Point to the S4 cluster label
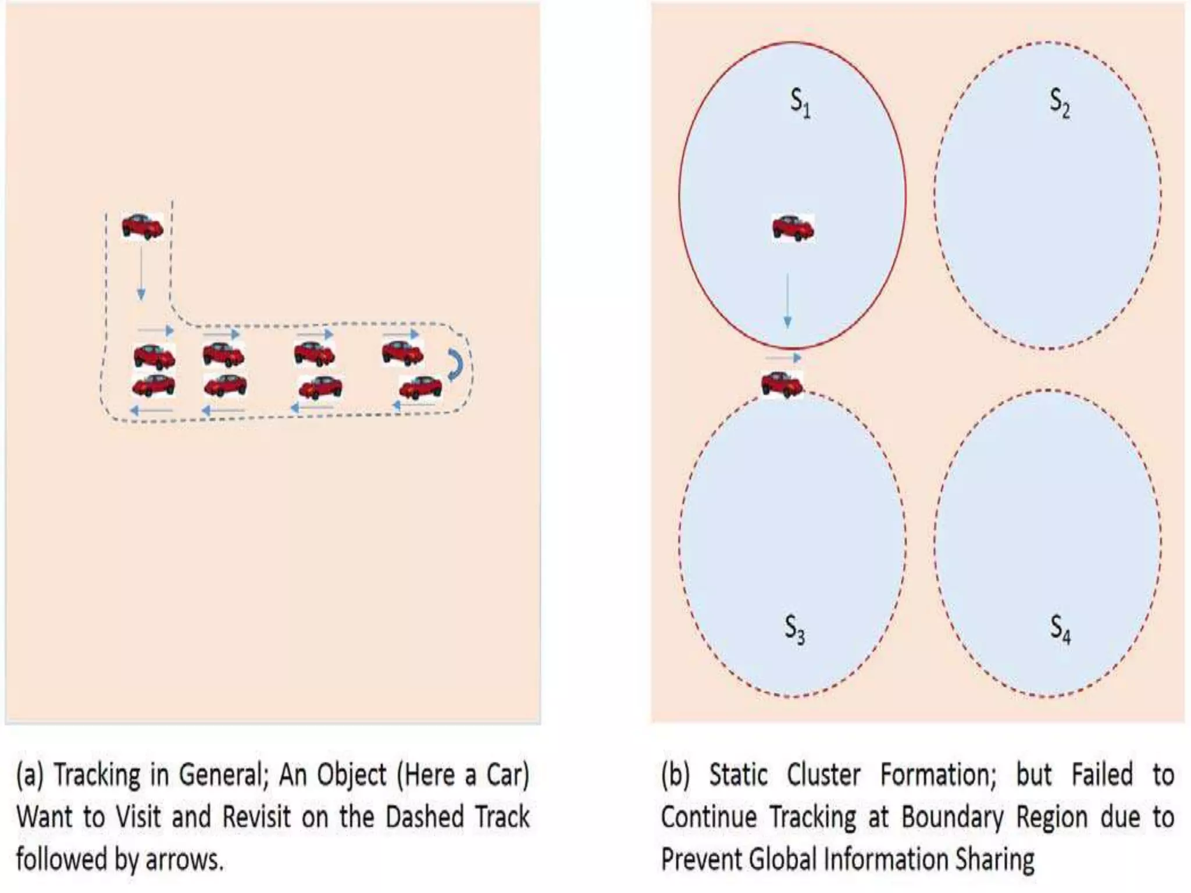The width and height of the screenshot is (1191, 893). (1060, 630)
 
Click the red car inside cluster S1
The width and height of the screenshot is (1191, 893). (793, 228)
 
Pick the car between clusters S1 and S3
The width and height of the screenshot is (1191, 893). (782, 384)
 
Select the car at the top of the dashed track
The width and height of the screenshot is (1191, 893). (142, 226)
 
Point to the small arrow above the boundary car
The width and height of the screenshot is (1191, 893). (783, 358)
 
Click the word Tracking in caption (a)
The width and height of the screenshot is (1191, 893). (97, 776)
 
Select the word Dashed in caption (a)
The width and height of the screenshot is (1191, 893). (425, 817)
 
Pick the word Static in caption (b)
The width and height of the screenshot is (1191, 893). (737, 776)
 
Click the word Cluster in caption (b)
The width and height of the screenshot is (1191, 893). (823, 776)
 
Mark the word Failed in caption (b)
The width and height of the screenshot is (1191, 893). (1102, 776)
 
